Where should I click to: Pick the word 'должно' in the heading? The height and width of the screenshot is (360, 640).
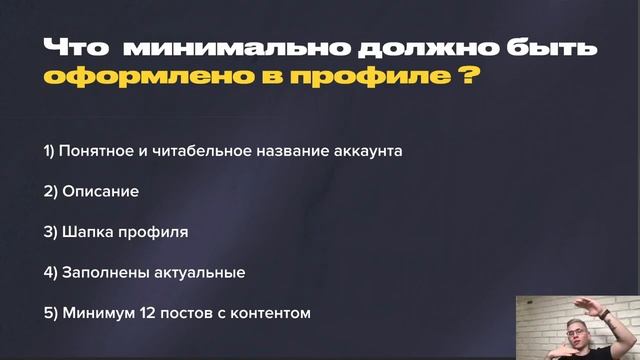pos(414,47)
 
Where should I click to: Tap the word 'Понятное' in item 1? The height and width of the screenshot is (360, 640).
pos(98,151)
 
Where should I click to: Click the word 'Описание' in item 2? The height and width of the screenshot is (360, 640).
pos(99,191)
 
